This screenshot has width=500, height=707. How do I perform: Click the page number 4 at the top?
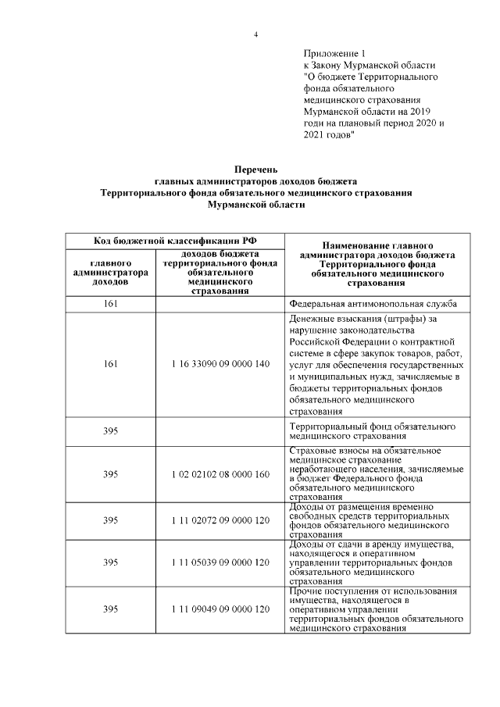coord(255,34)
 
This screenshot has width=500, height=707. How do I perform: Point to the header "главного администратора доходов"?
coord(110,273)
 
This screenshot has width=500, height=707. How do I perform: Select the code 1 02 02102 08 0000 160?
coord(220,474)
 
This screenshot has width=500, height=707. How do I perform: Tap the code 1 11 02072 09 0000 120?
coord(220,519)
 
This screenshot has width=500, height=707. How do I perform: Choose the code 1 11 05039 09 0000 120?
coord(220,562)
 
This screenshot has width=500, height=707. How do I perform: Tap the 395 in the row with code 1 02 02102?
coord(110,474)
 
